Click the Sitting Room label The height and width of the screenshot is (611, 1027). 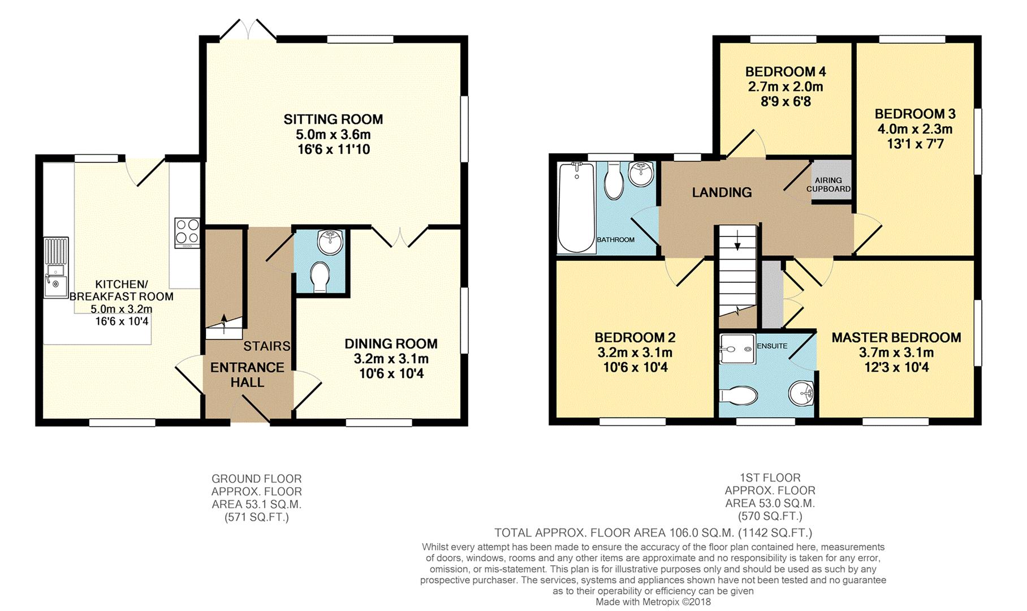(x=333, y=119)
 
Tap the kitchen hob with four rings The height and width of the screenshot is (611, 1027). (x=187, y=233)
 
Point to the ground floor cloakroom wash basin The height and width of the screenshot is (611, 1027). (x=329, y=242)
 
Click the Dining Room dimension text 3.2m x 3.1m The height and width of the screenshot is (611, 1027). (x=391, y=359)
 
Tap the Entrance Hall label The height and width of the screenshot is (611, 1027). (x=247, y=375)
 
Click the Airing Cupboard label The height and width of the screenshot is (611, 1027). (x=828, y=184)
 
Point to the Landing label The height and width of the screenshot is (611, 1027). (x=722, y=192)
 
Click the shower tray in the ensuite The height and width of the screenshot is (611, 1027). (x=737, y=348)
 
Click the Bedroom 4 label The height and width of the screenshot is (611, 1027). (x=785, y=72)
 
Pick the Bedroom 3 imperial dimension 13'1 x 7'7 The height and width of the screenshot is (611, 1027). (x=915, y=144)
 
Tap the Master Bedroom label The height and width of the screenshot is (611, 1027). (x=896, y=338)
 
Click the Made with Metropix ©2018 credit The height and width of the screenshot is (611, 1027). (x=653, y=602)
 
